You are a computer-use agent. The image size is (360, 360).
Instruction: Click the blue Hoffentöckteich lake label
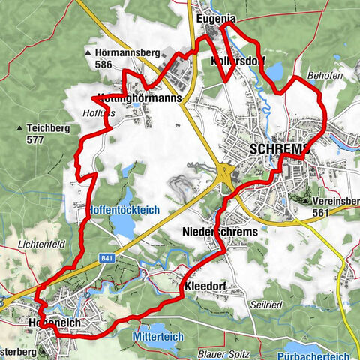click(x=124, y=211)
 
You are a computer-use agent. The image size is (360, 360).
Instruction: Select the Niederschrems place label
click(x=220, y=232)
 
